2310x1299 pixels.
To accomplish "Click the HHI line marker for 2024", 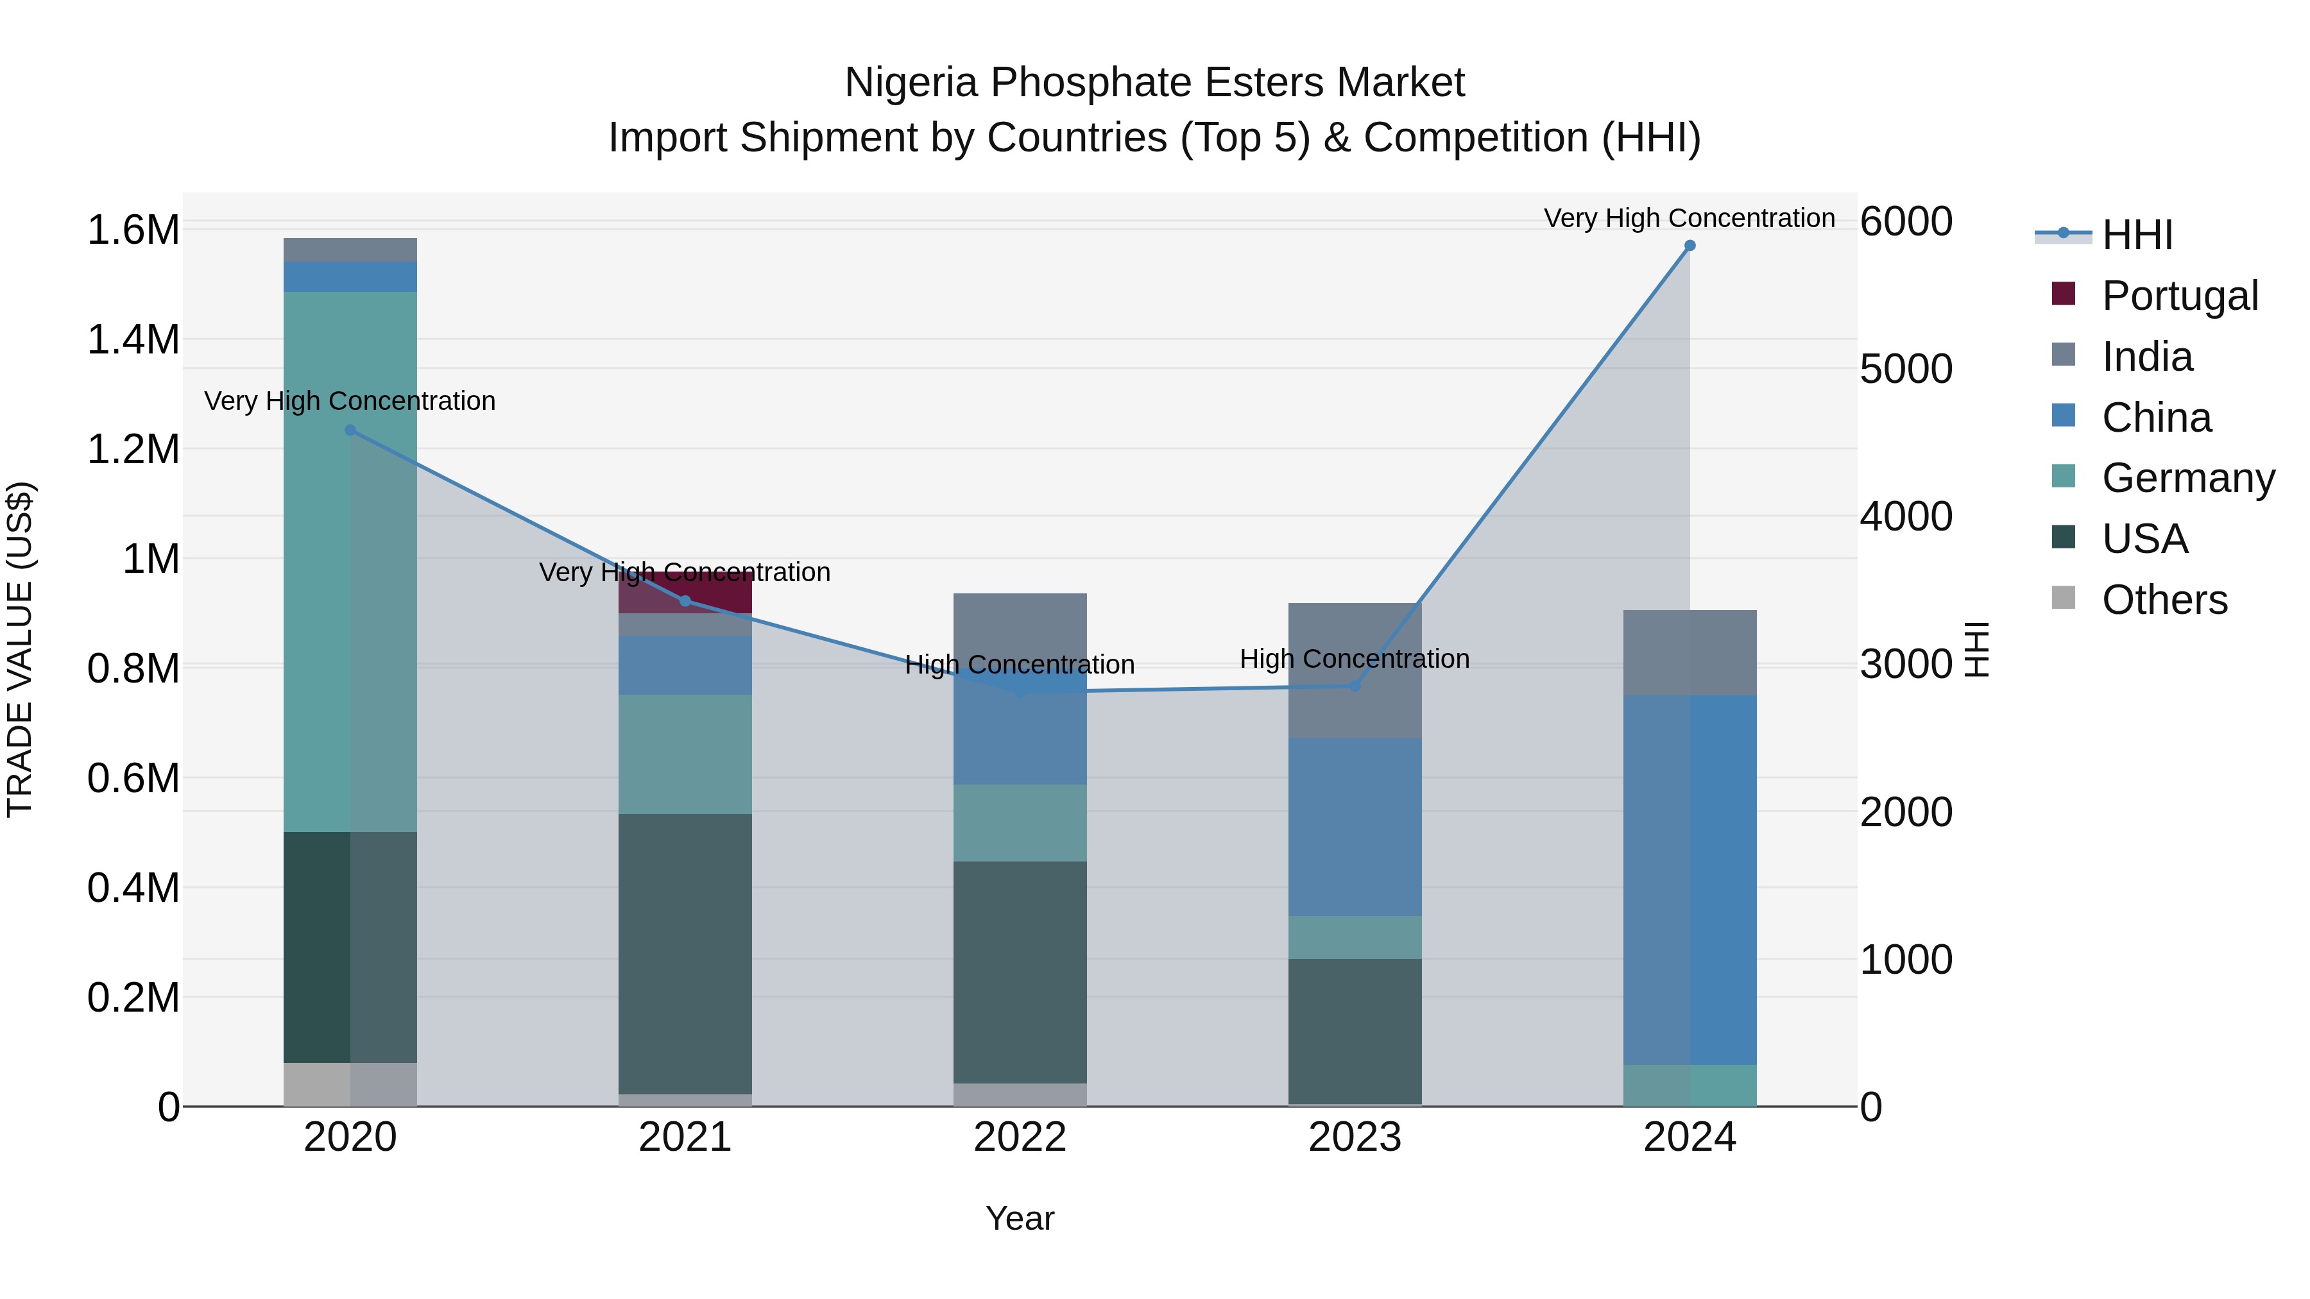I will tap(1690, 246).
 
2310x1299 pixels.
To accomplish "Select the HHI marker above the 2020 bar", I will tap(350, 430).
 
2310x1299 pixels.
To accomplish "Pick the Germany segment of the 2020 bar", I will tap(350, 561).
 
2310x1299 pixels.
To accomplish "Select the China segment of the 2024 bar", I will tap(1690, 879).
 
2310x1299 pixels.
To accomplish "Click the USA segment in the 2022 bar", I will tap(1020, 972).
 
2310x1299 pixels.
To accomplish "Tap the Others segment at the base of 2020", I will tap(350, 1084).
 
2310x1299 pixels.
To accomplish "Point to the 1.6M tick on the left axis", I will tap(133, 230).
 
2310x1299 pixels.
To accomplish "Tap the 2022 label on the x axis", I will tap(1020, 1137).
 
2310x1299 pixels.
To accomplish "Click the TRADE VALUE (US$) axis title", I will tap(21, 649).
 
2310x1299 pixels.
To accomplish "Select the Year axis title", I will tap(1020, 1218).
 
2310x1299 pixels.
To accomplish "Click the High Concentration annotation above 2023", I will tap(1354, 659).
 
